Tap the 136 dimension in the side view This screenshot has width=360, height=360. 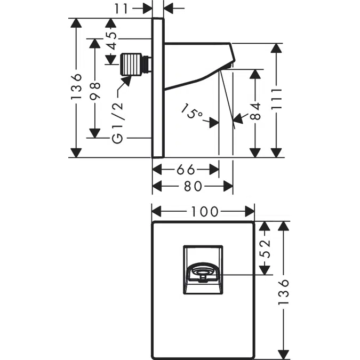pyautogui.click(x=76, y=88)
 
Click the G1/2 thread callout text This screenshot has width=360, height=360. pyautogui.click(x=118, y=122)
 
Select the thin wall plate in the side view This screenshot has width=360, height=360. pyautogui.click(x=157, y=88)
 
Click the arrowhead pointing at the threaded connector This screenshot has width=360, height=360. pyautogui.click(x=128, y=81)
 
